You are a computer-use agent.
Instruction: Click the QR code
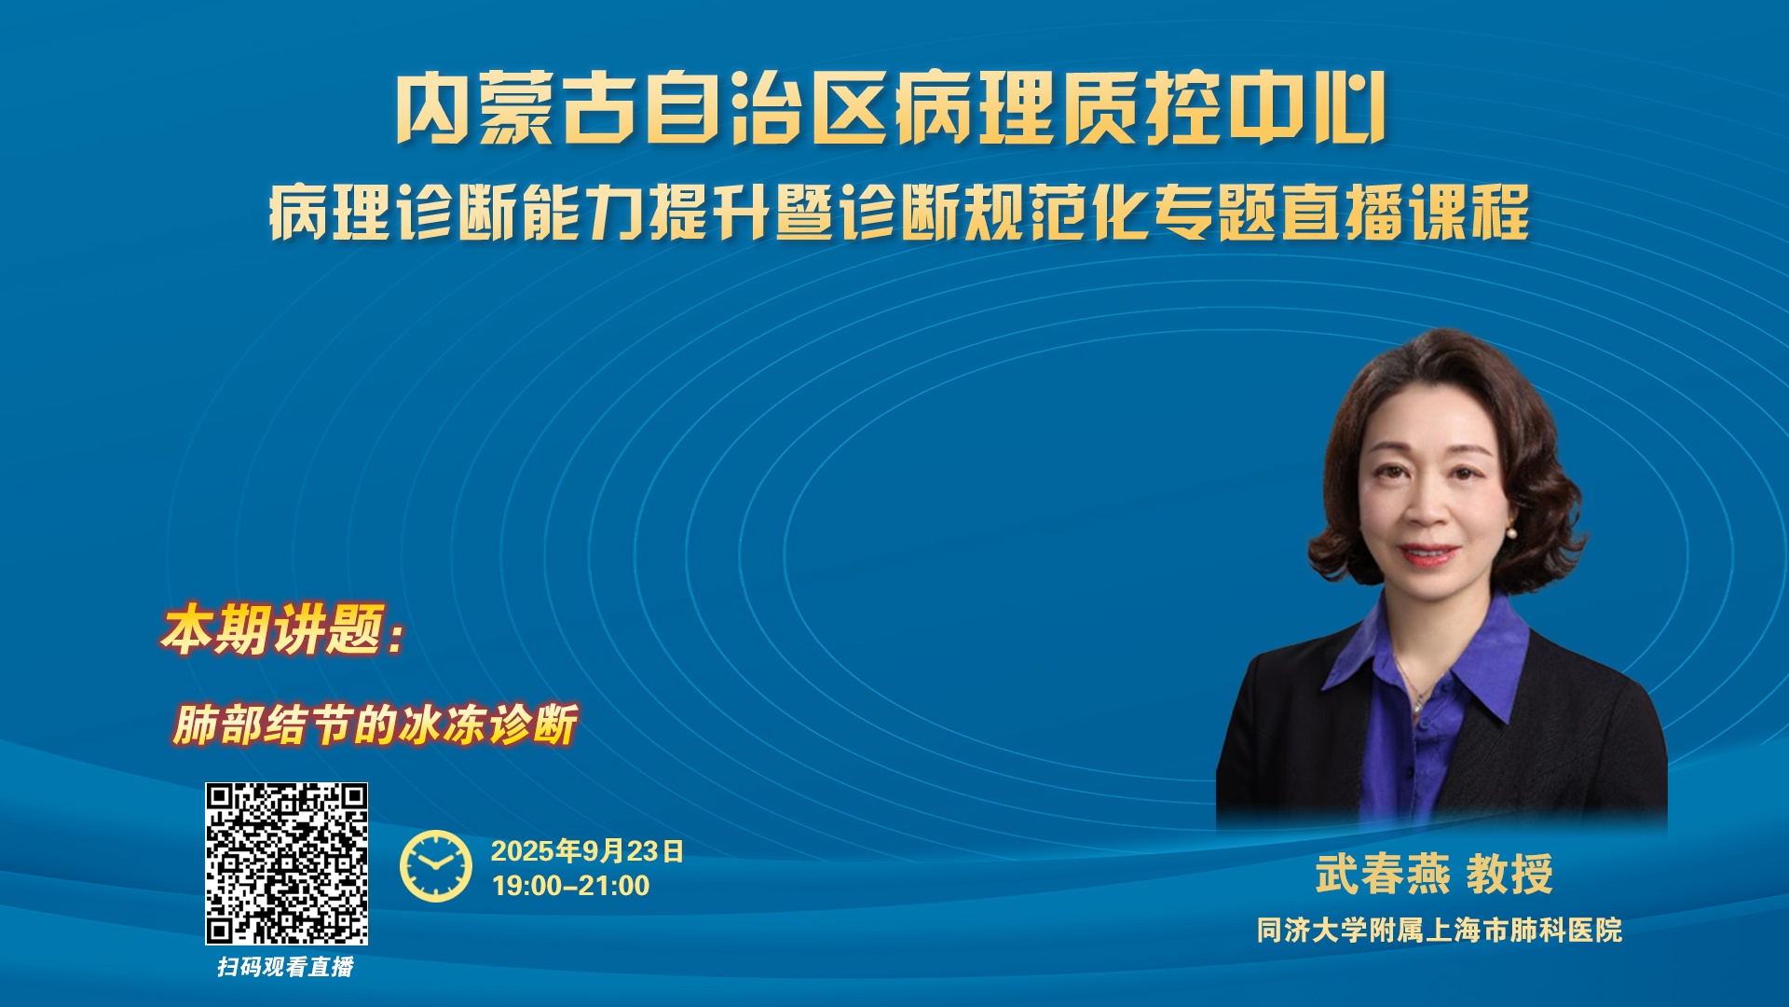click(287, 863)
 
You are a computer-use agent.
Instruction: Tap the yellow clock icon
click(436, 866)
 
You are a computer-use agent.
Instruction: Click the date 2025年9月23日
click(587, 850)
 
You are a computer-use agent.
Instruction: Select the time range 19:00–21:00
click(570, 886)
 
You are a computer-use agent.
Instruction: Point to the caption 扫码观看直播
click(286, 967)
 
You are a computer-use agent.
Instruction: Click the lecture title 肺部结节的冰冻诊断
click(375, 724)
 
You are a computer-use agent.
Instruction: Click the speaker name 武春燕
click(1383, 874)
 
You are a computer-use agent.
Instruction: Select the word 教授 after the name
click(1509, 874)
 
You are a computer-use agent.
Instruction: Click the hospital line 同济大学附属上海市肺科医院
click(1440, 930)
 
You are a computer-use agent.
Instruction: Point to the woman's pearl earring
click(1511, 534)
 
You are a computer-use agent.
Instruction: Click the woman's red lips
click(1427, 554)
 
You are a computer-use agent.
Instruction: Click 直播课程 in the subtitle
click(1405, 213)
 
